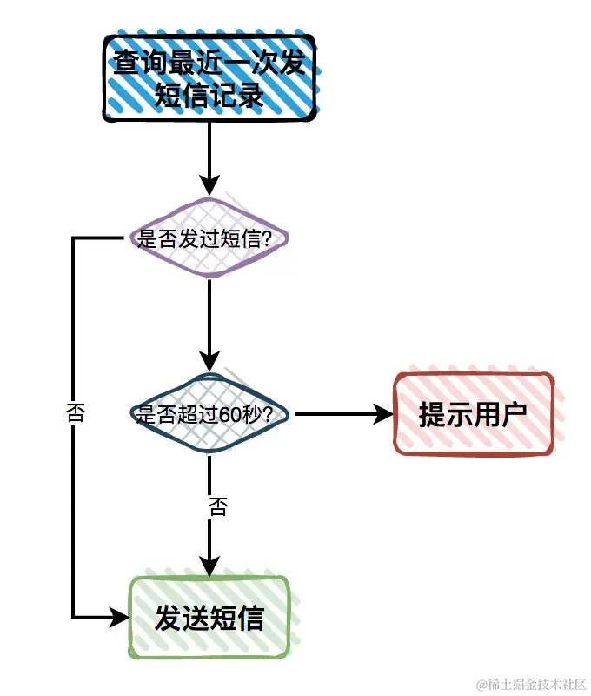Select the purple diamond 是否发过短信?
pos(209,238)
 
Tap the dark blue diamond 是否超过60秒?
pos(209,414)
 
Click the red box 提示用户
pos(474,414)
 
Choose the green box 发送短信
pos(209,619)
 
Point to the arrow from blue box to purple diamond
pos(209,157)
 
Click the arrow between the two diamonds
pos(209,322)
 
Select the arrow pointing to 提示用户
pos(339,414)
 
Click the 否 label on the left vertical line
pos(76,412)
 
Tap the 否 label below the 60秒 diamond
pos(217,506)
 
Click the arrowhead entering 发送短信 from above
pos(209,565)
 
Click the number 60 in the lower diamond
pos(230,415)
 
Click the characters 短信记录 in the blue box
pos(209,94)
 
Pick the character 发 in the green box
pos(168,619)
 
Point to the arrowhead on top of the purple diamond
pos(209,186)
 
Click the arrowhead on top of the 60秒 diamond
pos(209,362)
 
